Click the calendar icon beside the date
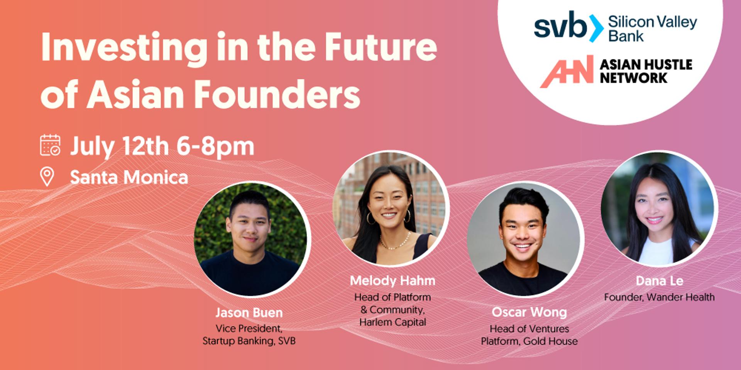[50, 145]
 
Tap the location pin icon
[47, 177]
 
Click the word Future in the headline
[381, 47]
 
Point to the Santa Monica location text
[129, 177]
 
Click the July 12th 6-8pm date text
[162, 146]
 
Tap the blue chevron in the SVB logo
[596, 28]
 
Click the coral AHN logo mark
[567, 71]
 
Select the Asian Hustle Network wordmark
[646, 71]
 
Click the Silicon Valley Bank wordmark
[653, 29]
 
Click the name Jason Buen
[249, 313]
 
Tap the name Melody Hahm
[392, 281]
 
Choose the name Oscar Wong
[529, 312]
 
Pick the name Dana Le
[660, 281]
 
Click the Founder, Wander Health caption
[659, 297]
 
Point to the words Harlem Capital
[392, 322]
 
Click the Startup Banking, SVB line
[249, 341]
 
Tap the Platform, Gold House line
[529, 341]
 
